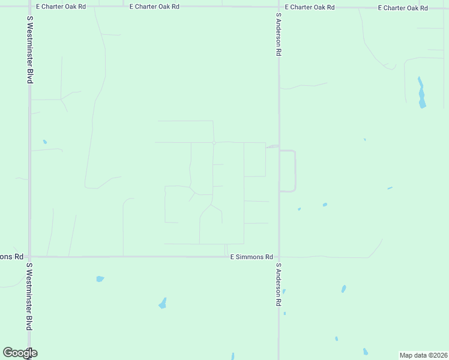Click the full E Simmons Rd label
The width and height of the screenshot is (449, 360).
click(x=252, y=257)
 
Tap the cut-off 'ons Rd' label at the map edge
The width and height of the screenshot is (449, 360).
click(x=11, y=256)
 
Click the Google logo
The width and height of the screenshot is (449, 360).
click(x=19, y=353)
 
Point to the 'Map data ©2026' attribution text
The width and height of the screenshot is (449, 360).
click(x=423, y=355)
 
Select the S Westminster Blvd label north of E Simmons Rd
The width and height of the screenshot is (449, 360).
click(x=29, y=49)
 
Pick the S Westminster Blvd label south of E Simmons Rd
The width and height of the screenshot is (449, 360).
click(x=29, y=296)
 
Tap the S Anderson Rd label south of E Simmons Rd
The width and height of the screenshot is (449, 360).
click(x=279, y=284)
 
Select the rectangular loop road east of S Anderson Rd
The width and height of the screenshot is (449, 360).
click(x=295, y=171)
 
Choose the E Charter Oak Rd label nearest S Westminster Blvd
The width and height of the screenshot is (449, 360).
click(x=61, y=7)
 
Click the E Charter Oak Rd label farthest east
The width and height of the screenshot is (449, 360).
click(x=403, y=8)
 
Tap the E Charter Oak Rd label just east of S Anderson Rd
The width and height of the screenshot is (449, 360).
click(x=309, y=7)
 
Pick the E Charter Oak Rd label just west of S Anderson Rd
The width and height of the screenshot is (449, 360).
click(x=154, y=7)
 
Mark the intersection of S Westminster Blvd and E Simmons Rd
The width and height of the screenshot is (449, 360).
click(x=29, y=257)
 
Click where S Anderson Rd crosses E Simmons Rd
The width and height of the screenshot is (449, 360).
click(x=279, y=257)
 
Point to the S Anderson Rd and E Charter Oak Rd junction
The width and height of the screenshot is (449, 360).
click(x=279, y=7)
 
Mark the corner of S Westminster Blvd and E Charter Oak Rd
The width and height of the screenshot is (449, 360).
click(x=29, y=7)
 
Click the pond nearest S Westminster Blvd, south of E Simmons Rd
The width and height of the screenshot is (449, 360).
click(x=100, y=279)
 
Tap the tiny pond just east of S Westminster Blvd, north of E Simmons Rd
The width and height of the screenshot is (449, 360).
click(x=44, y=142)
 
